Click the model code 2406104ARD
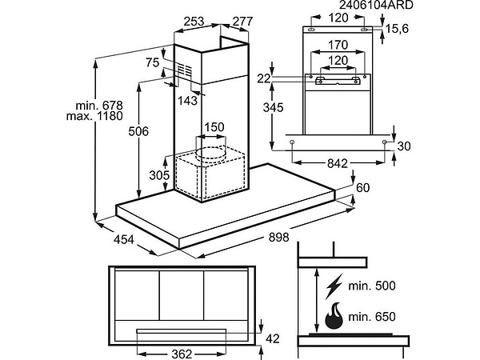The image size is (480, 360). (x=376, y=5)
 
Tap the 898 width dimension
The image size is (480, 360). (x=278, y=238)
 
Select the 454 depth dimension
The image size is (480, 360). (x=124, y=239)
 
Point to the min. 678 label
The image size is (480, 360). (x=99, y=106)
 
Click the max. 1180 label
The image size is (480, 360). (x=94, y=116)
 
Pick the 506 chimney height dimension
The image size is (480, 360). (x=138, y=131)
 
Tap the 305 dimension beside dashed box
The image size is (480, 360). (x=159, y=175)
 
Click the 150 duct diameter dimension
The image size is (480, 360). (x=214, y=127)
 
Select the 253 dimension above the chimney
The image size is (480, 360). (x=194, y=22)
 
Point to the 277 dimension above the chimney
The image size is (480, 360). (x=242, y=22)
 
